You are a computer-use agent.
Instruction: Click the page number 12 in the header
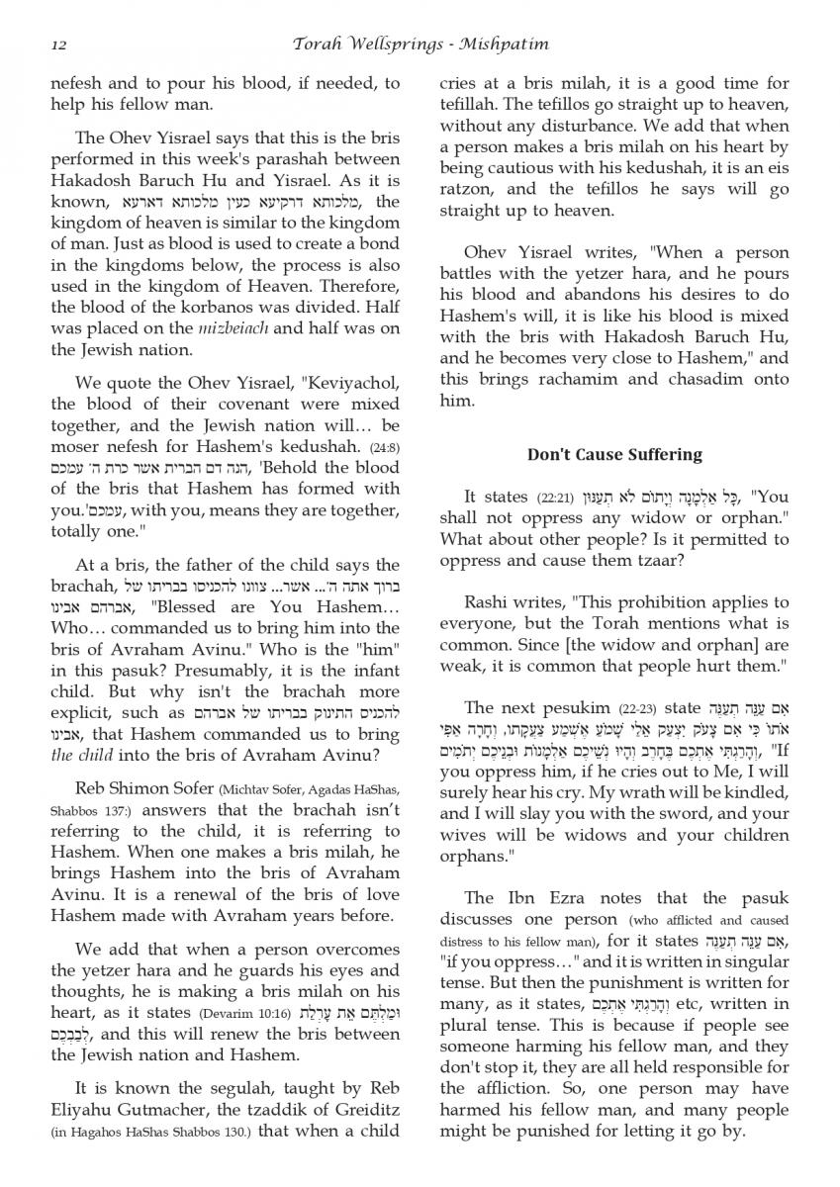57,45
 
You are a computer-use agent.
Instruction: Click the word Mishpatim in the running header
503,45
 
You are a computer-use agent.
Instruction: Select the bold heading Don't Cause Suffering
614,455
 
